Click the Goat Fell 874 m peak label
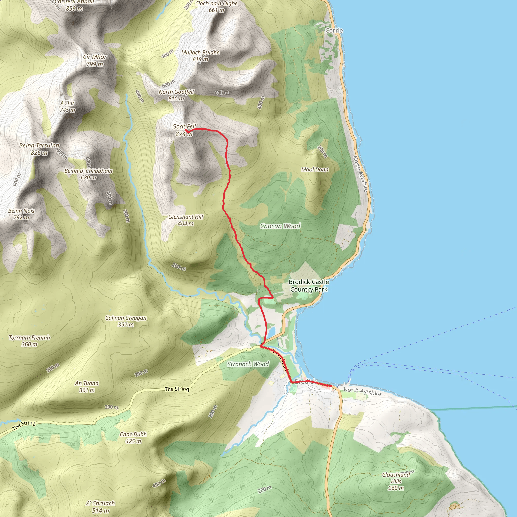click(184, 130)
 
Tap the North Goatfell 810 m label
click(176, 95)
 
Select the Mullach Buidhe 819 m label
click(200, 56)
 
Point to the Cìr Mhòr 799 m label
click(95, 61)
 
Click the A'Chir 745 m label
click(67, 107)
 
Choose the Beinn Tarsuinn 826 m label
click(39, 149)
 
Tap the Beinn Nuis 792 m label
click(21, 214)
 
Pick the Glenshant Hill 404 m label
click(186, 220)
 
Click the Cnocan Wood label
click(280, 226)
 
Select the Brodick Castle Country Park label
click(309, 286)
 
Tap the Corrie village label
click(334, 31)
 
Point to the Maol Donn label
click(315, 170)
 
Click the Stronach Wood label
click(248, 364)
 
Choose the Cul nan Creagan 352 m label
click(126, 321)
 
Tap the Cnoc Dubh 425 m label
click(133, 437)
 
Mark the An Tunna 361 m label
click(87, 387)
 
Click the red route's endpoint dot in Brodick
click(330, 386)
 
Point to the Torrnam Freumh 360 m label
click(30, 341)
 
